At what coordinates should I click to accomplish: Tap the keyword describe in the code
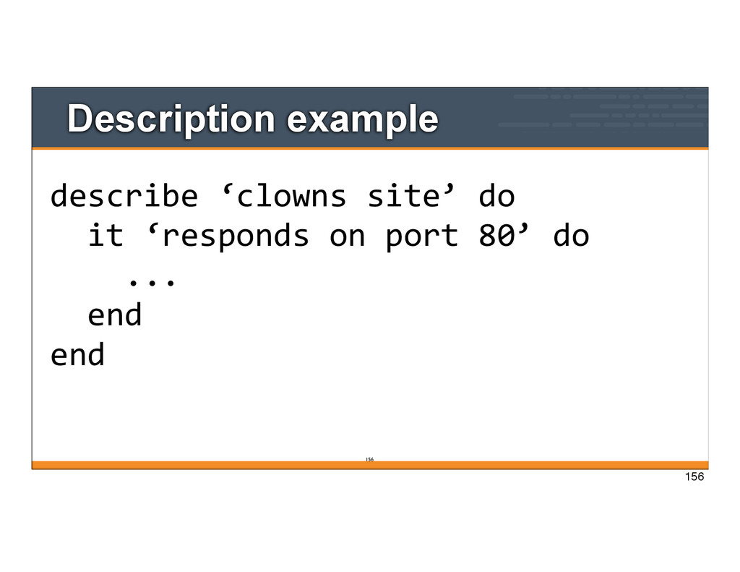coord(124,196)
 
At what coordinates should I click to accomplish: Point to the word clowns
coord(291,196)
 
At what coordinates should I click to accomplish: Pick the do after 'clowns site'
coord(496,196)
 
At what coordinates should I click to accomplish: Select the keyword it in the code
coord(106,236)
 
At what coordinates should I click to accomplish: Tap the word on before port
coord(347,236)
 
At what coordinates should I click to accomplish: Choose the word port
coord(421,236)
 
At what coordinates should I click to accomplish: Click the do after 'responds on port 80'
coord(571,236)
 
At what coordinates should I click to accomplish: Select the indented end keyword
coord(114,315)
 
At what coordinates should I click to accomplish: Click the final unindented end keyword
coord(77,355)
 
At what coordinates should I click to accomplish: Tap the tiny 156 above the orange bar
coord(369,458)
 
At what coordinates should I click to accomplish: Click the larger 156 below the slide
coord(693,477)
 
